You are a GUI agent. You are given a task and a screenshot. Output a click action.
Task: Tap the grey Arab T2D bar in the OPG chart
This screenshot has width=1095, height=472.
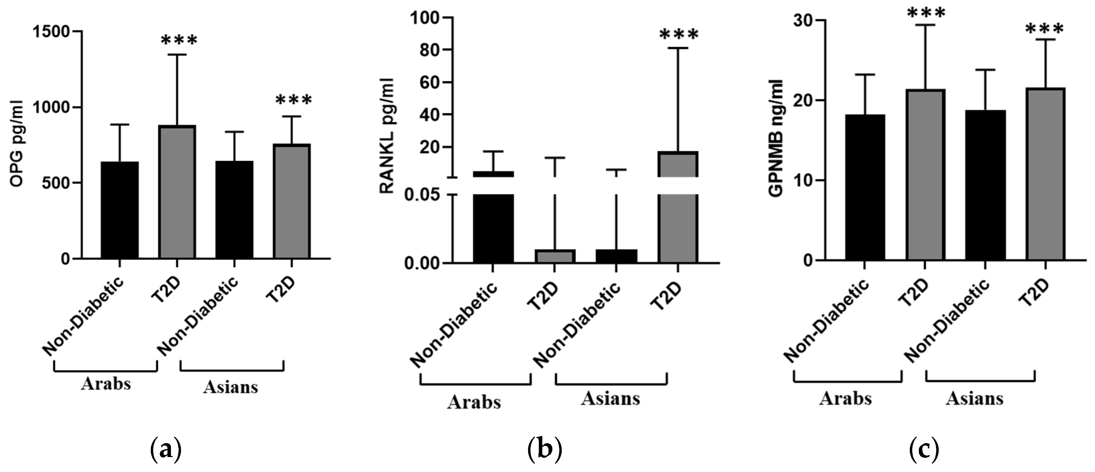[177, 192]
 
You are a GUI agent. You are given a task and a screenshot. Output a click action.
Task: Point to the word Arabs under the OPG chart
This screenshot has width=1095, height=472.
[106, 384]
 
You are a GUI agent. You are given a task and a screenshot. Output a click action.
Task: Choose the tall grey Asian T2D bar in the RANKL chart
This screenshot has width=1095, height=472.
[678, 208]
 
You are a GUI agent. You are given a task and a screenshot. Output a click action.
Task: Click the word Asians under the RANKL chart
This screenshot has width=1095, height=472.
[610, 398]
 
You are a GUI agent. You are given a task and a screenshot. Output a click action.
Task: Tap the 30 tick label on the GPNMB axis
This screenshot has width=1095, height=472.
[801, 21]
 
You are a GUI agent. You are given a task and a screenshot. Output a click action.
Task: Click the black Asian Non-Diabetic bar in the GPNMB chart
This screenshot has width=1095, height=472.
[985, 185]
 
